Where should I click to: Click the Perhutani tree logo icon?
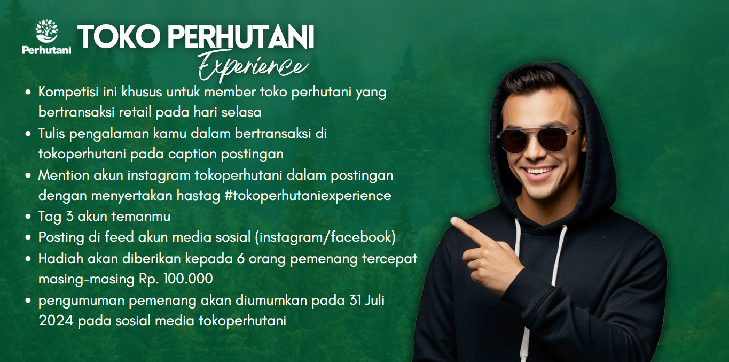pyautogui.click(x=46, y=31)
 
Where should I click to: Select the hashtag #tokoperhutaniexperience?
pyautogui.click(x=308, y=196)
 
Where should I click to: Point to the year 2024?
pyautogui.click(x=56, y=321)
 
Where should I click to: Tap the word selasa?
pyautogui.click(x=241, y=112)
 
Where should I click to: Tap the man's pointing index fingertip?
pyautogui.click(x=453, y=221)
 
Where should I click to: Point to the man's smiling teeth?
pyautogui.click(x=540, y=171)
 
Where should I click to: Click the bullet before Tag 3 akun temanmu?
pyautogui.click(x=28, y=217)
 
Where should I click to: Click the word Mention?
pyautogui.click(x=64, y=175)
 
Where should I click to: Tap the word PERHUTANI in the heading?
pyautogui.click(x=241, y=36)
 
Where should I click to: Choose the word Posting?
pyautogui.click(x=61, y=238)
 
